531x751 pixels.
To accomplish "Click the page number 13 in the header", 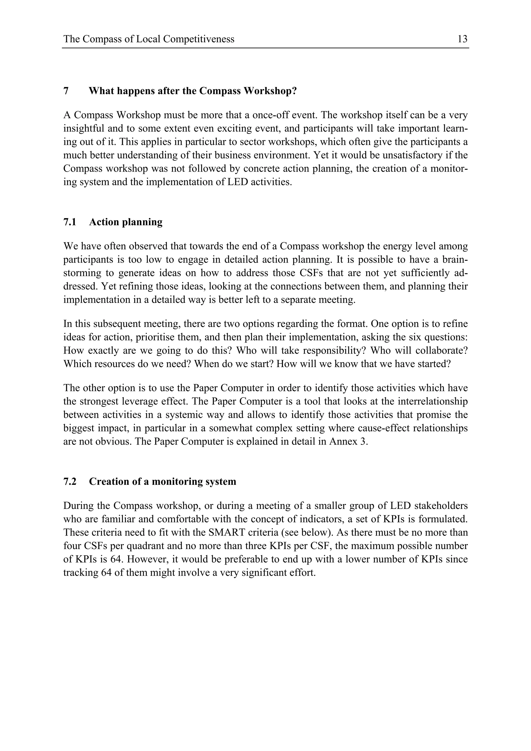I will (x=462, y=39).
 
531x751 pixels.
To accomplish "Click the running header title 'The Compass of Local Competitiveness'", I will (x=149, y=39).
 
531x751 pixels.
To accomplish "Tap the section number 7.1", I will (x=69, y=222).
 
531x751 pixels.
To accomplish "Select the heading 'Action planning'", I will (x=126, y=222).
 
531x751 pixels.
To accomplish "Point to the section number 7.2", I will (x=69, y=481).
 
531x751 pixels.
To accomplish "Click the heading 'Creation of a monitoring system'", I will (x=162, y=481).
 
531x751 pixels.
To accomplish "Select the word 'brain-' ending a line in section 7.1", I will (x=455, y=260).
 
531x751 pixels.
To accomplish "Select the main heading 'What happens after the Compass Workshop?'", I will (x=193, y=91).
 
